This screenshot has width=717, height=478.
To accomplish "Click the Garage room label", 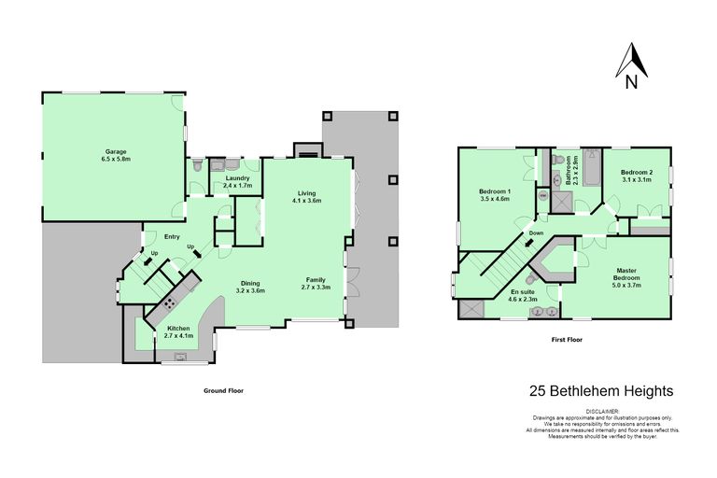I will click(115, 155).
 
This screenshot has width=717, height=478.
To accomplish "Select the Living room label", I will click(306, 196).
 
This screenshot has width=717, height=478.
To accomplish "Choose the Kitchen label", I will click(179, 331).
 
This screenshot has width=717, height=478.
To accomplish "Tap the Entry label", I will click(172, 236).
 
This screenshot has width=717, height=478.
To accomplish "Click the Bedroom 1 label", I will click(495, 194).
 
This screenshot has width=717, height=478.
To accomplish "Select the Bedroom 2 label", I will click(637, 175).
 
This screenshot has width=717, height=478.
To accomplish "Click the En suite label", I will click(522, 295).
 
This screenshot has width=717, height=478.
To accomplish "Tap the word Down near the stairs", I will click(536, 233).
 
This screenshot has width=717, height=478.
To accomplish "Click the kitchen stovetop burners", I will click(170, 302).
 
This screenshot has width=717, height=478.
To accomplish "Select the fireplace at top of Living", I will click(305, 149).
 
